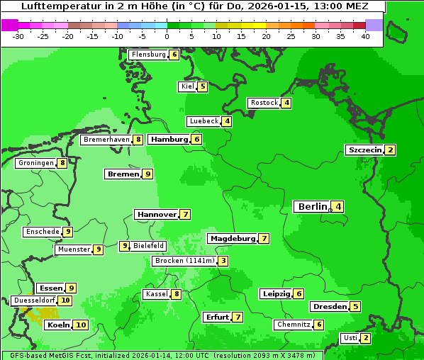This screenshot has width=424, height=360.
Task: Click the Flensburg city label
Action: pyautogui.click(x=148, y=55)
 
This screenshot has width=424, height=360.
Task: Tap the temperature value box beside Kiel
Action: pyautogui.click(x=202, y=86)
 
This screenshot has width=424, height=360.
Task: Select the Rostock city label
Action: pyautogui.click(x=264, y=103)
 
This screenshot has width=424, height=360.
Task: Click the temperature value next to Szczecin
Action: pyautogui.click(x=390, y=150)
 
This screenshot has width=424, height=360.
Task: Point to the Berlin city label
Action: pyautogui.click(x=312, y=206)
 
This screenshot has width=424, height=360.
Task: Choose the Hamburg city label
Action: pyautogui.click(x=169, y=139)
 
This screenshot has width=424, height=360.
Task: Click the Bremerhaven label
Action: pyautogui.click(x=106, y=140)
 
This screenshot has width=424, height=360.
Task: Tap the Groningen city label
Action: pyautogui.click(x=35, y=163)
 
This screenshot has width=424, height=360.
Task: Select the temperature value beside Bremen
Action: pyautogui.click(x=147, y=174)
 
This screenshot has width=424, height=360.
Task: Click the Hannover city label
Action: pyautogui.click(x=157, y=214)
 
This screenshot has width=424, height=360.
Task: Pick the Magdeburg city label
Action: pyautogui.click(x=233, y=238)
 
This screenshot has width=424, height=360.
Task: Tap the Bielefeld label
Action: pyautogui.click(x=149, y=246)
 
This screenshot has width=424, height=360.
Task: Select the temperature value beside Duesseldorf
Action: pyautogui.click(x=65, y=300)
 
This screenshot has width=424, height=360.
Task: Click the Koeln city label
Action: pyautogui.click(x=58, y=325)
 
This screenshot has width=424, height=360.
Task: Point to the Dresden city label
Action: pyautogui.click(x=329, y=306)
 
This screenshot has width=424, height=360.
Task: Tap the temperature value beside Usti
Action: pyautogui.click(x=365, y=337)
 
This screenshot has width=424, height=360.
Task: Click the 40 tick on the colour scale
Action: pyautogui.click(x=365, y=36)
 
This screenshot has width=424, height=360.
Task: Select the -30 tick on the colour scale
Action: pyautogui.click(x=19, y=36)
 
